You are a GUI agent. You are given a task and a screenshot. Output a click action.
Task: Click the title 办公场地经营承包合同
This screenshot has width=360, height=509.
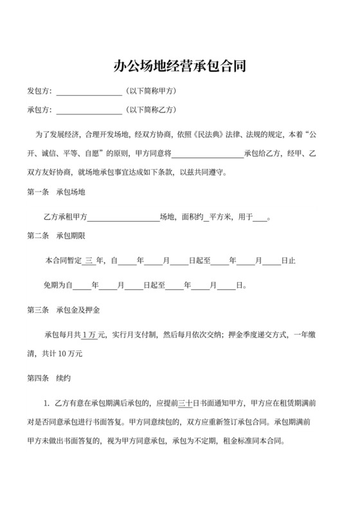(180, 66)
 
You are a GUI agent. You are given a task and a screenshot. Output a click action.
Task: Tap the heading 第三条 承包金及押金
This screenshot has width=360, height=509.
(62, 310)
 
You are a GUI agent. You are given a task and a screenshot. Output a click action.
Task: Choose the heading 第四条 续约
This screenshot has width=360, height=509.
(48, 379)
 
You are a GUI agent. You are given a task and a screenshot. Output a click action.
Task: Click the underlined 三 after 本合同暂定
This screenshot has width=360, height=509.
(89, 261)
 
